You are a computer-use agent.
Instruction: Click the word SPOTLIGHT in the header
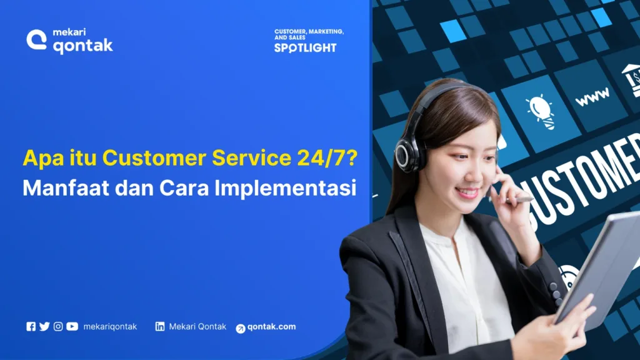click(x=305, y=48)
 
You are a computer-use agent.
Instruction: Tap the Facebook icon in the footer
click(x=31, y=326)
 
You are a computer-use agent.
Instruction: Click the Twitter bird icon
click(x=44, y=326)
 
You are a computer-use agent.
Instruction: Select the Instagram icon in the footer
click(x=58, y=326)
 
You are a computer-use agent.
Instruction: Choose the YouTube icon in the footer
click(x=72, y=326)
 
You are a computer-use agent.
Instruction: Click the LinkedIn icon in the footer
click(x=160, y=326)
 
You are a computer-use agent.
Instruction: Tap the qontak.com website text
click(x=271, y=327)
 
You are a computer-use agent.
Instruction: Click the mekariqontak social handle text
click(x=110, y=326)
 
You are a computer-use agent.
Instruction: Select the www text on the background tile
click(x=592, y=97)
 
